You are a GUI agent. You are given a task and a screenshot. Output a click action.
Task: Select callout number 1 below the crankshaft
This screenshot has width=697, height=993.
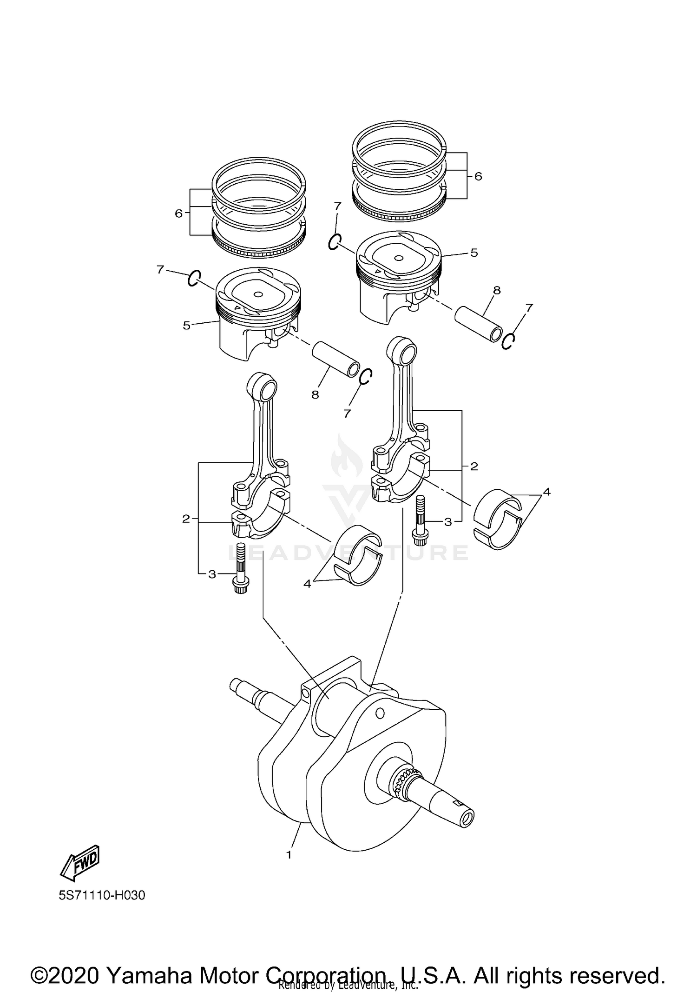[289, 854]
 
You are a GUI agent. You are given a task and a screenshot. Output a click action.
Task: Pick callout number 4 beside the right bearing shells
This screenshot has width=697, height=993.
[546, 492]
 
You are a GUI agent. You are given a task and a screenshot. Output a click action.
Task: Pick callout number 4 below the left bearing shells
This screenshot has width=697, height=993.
[307, 584]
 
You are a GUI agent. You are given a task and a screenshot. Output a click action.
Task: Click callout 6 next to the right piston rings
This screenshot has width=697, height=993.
[478, 176]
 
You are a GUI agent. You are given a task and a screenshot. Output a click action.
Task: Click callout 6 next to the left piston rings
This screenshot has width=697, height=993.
[178, 213]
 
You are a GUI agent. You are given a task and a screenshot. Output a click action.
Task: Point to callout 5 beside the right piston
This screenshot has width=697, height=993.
[474, 253]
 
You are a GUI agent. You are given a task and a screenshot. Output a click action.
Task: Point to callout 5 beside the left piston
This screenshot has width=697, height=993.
[186, 326]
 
